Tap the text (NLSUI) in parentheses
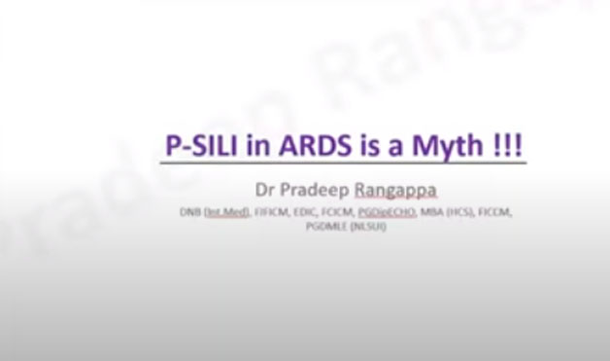(367, 226)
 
